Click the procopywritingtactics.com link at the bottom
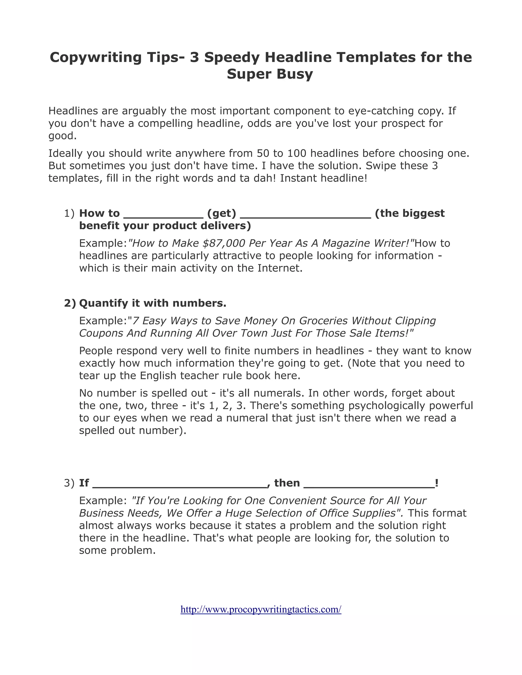point(261,610)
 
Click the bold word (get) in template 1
point(221,213)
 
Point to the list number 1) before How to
point(69,213)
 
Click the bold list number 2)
point(70,303)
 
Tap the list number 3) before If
point(69,483)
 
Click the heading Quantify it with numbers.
point(153,303)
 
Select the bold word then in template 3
point(287,483)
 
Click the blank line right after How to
point(163,216)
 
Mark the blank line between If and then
point(179,486)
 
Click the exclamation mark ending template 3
point(436,483)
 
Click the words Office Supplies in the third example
point(359,513)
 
